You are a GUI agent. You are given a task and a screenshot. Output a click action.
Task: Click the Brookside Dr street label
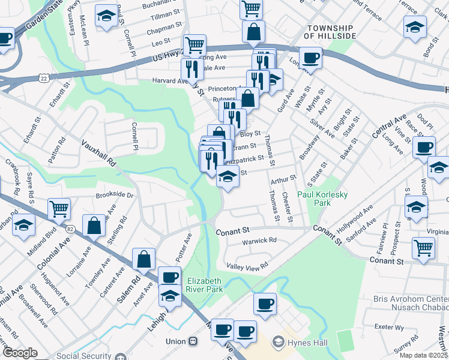click(x=114, y=196)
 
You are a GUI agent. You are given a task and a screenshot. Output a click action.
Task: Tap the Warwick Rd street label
click(x=259, y=241)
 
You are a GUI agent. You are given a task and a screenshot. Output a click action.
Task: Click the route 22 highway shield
click(x=43, y=79)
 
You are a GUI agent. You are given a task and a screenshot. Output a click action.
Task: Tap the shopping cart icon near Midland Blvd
click(x=59, y=208)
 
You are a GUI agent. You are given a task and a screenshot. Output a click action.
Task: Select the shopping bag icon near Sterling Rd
click(x=94, y=225)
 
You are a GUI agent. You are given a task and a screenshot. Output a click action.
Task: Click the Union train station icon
click(x=193, y=341)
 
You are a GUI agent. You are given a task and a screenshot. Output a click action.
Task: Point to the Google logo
click(x=20, y=353)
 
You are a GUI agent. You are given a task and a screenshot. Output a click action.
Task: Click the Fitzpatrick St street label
click(x=246, y=159)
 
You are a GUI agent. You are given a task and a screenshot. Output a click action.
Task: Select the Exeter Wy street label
click(x=391, y=327)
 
